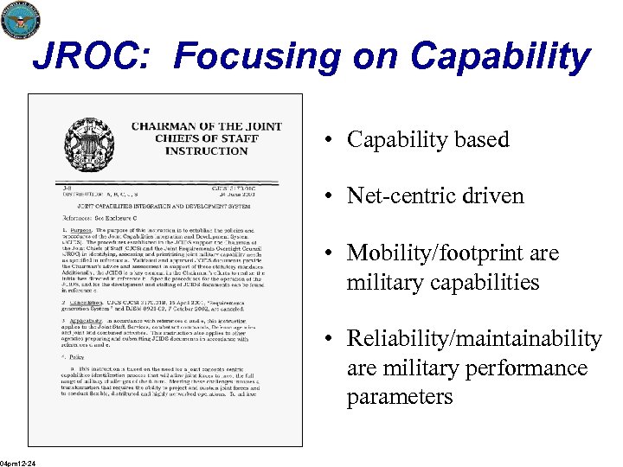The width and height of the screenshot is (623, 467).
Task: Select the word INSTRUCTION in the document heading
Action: tap(206, 150)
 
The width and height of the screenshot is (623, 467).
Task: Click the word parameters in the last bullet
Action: tap(399, 397)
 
